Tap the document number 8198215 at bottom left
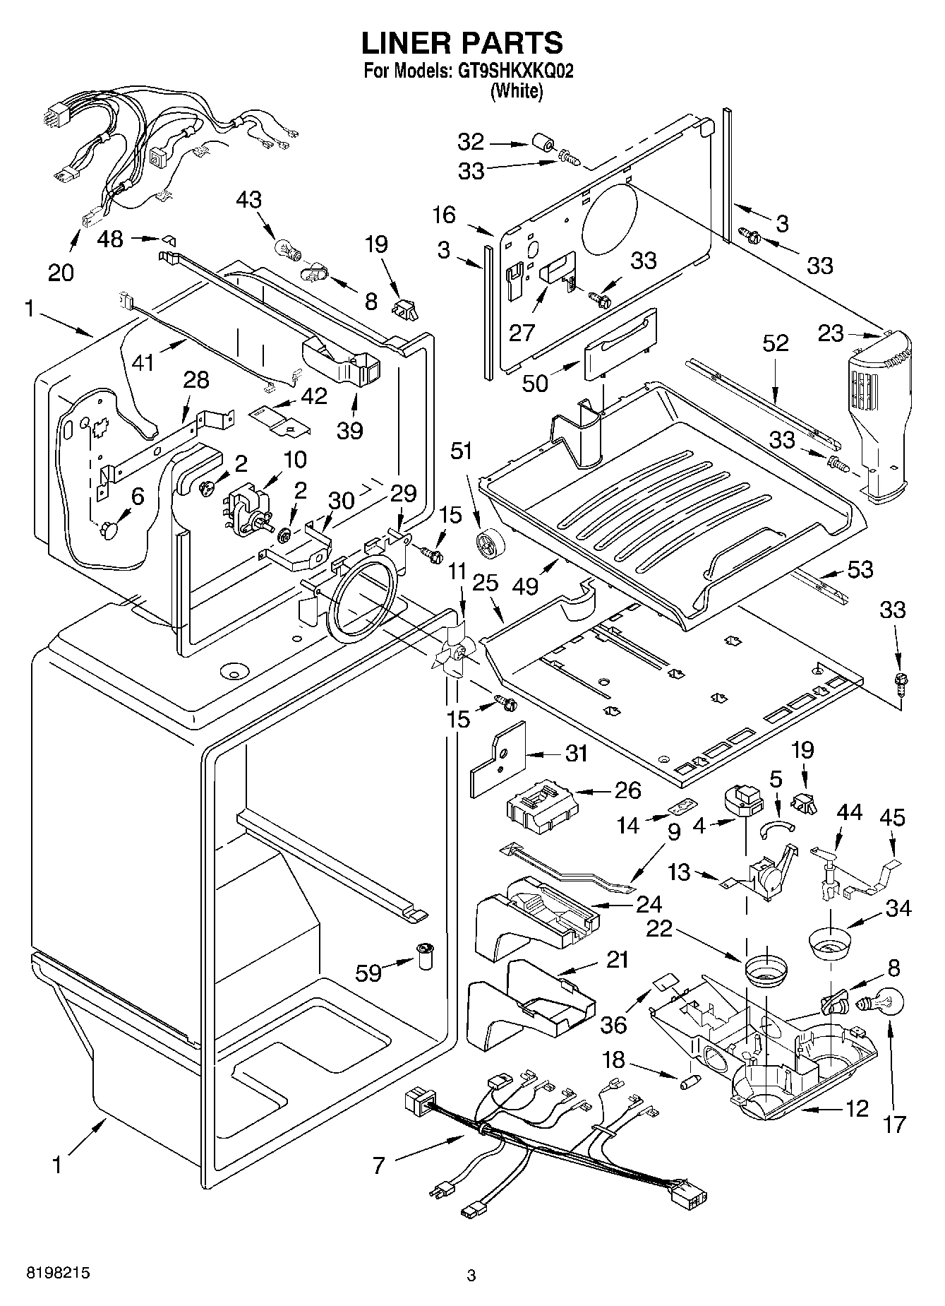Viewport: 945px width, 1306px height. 58,1272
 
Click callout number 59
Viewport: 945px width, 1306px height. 368,973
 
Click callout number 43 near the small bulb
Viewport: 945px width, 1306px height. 248,200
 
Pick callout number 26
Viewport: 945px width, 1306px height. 627,790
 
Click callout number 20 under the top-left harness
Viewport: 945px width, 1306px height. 61,272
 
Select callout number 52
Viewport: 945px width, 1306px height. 775,343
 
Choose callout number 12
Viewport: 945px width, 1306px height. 857,1108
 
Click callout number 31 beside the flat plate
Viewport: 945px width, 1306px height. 576,754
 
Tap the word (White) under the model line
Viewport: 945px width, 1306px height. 517,91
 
